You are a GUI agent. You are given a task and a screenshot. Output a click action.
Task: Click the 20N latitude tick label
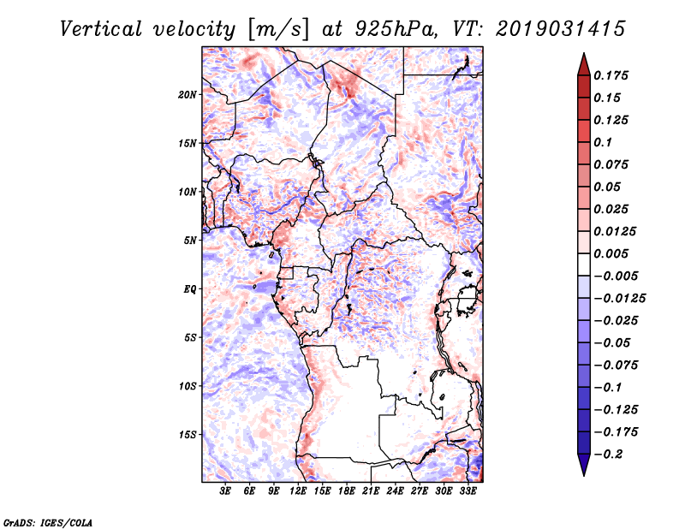pyautogui.click(x=188, y=94)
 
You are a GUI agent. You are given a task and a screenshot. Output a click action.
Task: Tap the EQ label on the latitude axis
pyautogui.click(x=190, y=288)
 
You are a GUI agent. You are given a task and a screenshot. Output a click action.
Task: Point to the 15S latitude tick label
pyautogui.click(x=188, y=434)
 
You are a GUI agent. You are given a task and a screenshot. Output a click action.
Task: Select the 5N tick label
pyautogui.click(x=190, y=240)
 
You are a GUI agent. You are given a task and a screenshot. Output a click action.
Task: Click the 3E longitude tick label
pyautogui.click(x=226, y=492)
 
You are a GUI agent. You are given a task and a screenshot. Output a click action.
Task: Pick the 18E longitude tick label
pyautogui.click(x=347, y=492)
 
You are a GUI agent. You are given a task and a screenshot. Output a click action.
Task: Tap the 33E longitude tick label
pyautogui.click(x=468, y=492)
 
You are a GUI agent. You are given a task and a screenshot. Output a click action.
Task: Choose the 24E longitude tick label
pyautogui.click(x=395, y=492)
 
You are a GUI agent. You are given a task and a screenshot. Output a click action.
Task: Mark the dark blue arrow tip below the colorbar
pyautogui.click(x=583, y=473)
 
